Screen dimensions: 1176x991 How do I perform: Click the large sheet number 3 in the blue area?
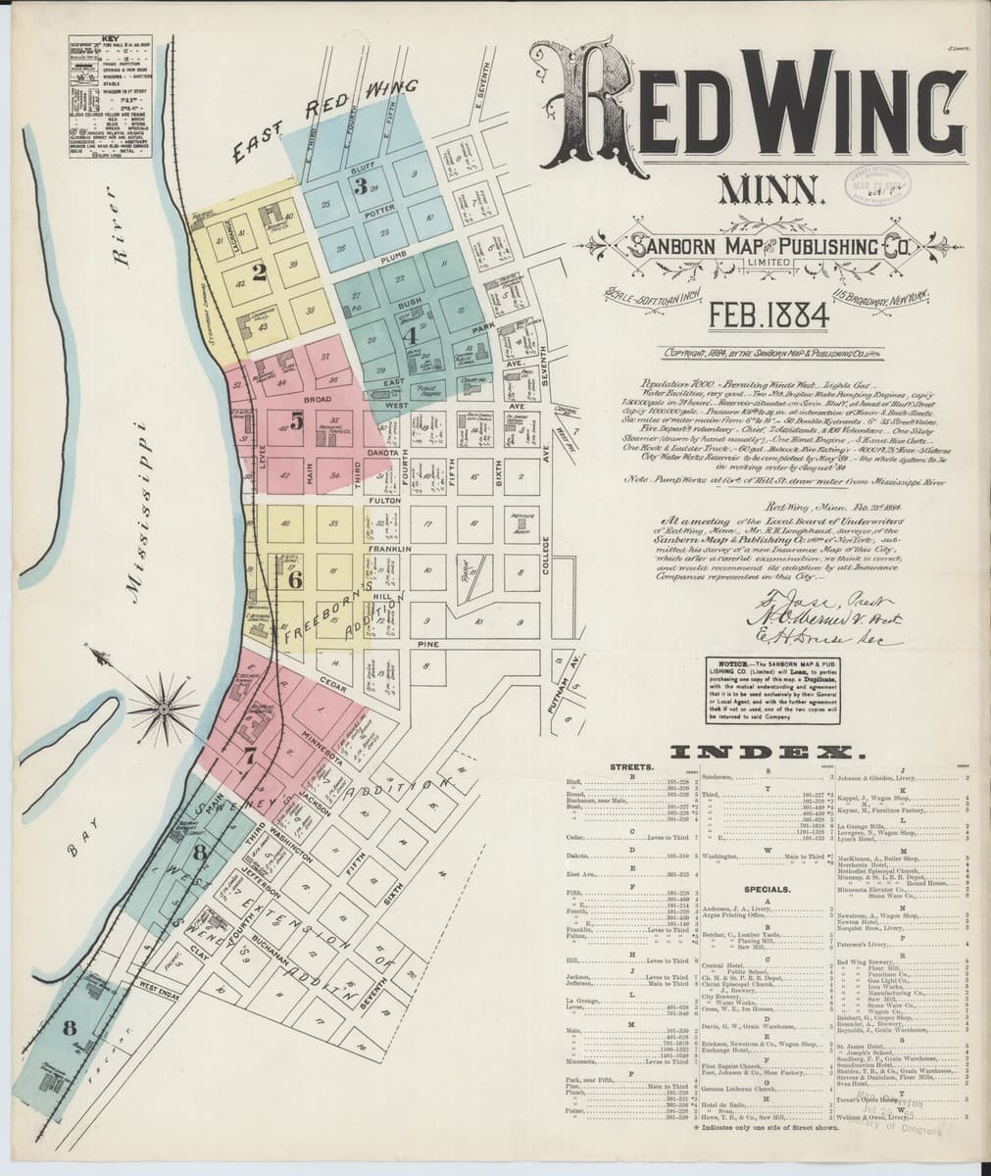click(x=362, y=185)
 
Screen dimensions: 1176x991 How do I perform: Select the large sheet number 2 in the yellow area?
click(x=259, y=272)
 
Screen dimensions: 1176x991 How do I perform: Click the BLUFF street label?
click(x=364, y=169)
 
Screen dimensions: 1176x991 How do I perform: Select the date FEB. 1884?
click(x=770, y=314)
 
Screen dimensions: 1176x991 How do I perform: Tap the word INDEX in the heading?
click(x=764, y=753)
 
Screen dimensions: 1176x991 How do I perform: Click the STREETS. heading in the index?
click(x=631, y=765)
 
